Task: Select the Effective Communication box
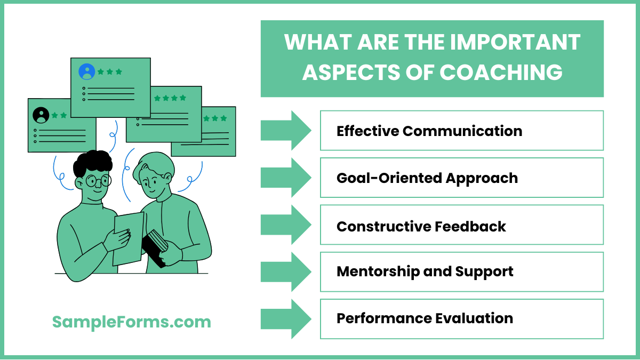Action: [461, 131]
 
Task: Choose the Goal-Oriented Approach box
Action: [461, 178]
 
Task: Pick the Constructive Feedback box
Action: [461, 226]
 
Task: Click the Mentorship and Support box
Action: [461, 271]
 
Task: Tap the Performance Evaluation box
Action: [461, 319]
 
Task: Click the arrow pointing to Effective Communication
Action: [286, 130]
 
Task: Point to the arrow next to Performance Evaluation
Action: [286, 319]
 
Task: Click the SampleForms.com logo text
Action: [131, 322]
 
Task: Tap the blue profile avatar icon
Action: [86, 71]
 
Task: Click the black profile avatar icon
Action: [41, 115]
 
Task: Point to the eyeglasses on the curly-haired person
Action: [98, 181]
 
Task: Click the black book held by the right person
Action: [155, 247]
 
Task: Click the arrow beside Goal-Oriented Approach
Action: [286, 178]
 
